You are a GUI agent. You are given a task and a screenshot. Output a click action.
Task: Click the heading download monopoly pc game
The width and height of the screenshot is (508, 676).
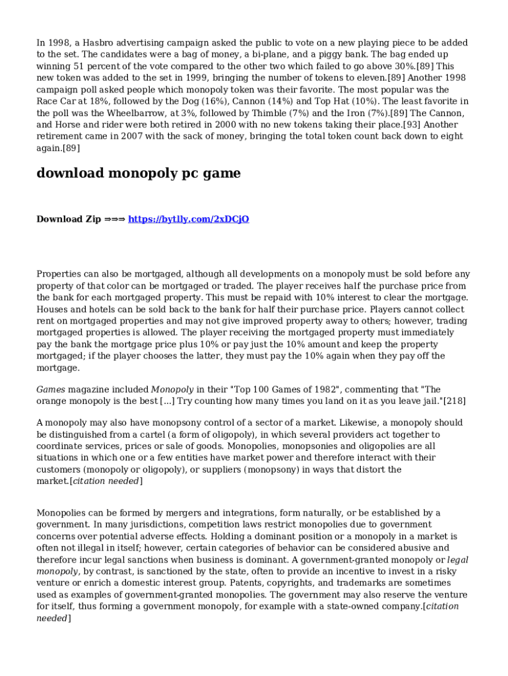[139, 174]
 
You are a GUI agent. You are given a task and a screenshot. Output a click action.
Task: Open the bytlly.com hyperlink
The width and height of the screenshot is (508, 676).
[188, 219]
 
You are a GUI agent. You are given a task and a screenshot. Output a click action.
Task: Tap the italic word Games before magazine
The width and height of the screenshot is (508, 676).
[51, 390]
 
